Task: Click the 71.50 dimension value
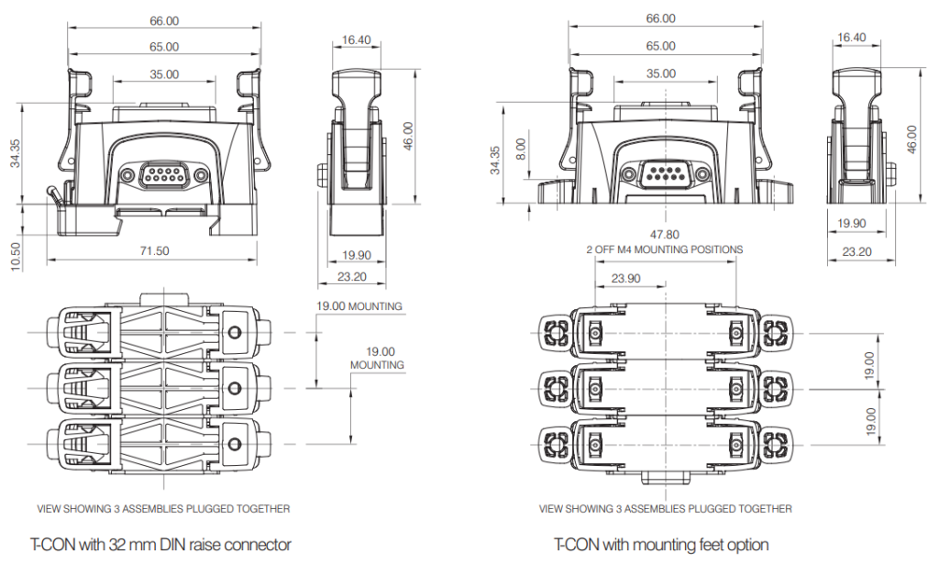[x=154, y=251]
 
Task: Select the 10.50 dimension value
[x=16, y=257]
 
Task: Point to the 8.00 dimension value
[x=521, y=150]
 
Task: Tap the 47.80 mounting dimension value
[x=665, y=235]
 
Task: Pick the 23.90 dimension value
[x=625, y=278]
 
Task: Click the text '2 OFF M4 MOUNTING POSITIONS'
[x=665, y=249]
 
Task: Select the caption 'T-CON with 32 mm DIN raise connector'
[x=160, y=545]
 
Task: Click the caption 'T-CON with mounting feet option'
[x=661, y=545]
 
